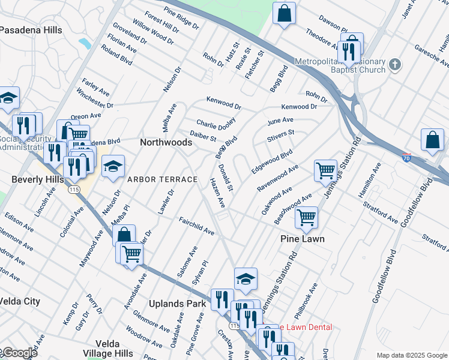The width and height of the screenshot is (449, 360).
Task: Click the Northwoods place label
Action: click(x=166, y=142)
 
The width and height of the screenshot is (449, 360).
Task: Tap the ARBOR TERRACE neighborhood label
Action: click(x=161, y=179)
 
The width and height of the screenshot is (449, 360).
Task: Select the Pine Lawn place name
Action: click(x=303, y=239)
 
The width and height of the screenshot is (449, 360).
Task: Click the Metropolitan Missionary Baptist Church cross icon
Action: click(x=394, y=64)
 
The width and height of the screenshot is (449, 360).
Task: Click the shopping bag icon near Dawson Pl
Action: click(x=284, y=13)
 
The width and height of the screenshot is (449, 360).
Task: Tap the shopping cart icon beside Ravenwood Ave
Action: click(x=325, y=170)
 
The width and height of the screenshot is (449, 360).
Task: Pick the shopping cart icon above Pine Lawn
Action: click(x=307, y=217)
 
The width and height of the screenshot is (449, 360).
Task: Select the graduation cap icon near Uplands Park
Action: click(x=246, y=278)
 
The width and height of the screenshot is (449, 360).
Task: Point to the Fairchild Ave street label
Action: click(x=196, y=226)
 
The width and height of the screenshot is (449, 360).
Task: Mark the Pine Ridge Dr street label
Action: click(x=181, y=19)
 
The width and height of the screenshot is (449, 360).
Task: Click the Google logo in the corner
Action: click(x=20, y=353)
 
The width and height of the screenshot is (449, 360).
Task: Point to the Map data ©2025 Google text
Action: click(x=411, y=355)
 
